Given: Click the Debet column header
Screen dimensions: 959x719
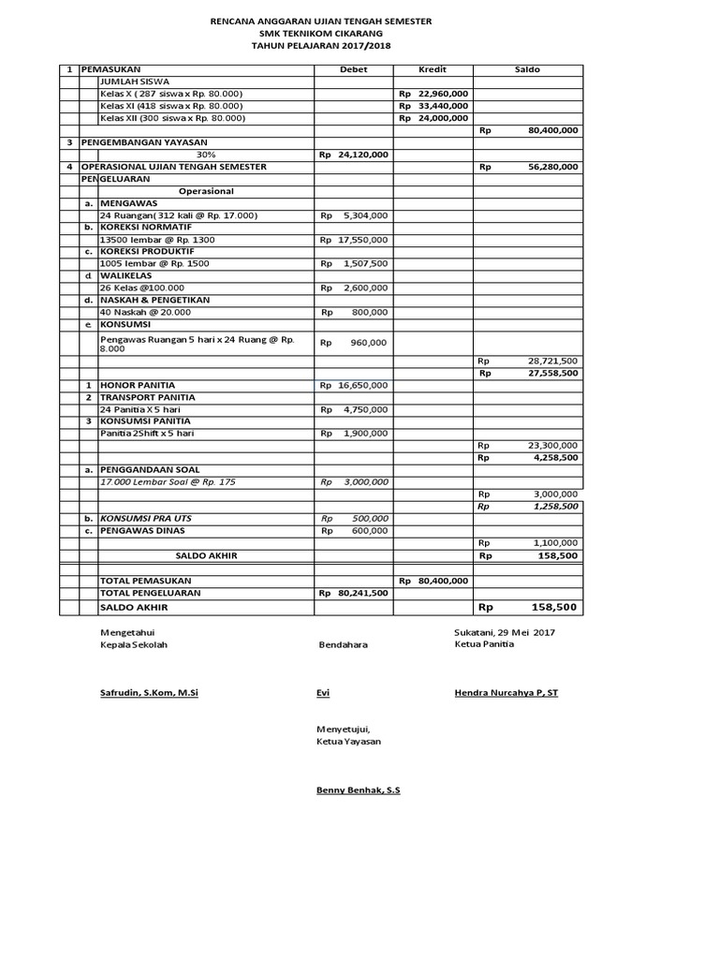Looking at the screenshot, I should tap(353, 70).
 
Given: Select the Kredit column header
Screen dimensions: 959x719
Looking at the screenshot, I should tap(433, 70).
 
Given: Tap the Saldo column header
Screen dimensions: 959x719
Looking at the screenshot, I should tap(528, 70).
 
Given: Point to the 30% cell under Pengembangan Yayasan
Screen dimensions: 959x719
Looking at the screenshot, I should tap(205, 155).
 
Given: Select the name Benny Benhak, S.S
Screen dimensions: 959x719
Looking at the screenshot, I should tap(359, 790).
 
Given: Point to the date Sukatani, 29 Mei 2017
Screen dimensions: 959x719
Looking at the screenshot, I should tap(505, 633).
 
